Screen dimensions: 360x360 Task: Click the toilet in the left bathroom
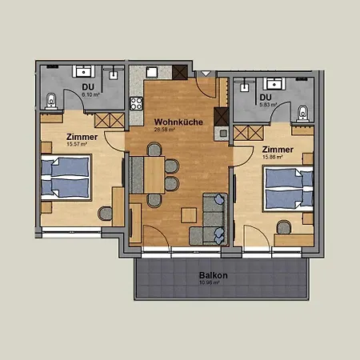pyautogui.click(x=50, y=100)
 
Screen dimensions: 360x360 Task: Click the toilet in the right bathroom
pyautogui.click(x=303, y=112)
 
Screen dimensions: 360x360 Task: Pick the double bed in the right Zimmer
pyautogui.click(x=282, y=188)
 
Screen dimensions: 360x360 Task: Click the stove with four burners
pyautogui.click(x=136, y=102)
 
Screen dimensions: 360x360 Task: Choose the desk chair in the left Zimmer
pyautogui.click(x=106, y=213)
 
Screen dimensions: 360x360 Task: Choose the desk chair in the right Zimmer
pyautogui.click(x=282, y=227)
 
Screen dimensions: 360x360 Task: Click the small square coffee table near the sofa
pyautogui.click(x=189, y=214)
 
